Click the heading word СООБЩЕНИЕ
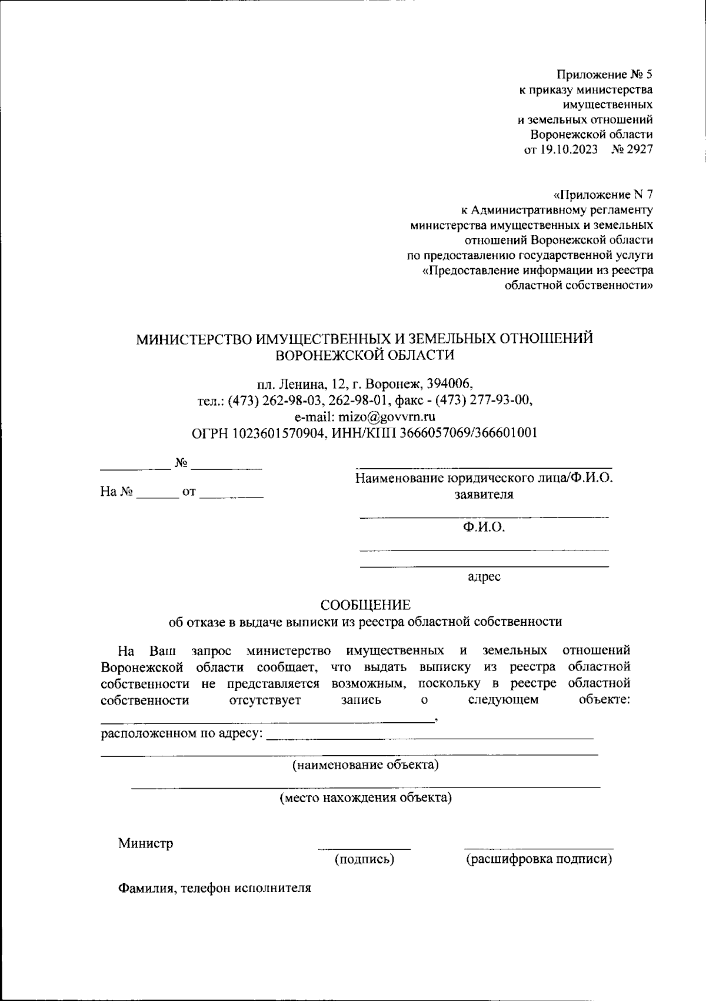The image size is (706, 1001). [x=365, y=605]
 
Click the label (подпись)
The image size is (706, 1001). [x=364, y=859]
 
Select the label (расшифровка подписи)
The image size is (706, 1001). [x=539, y=859]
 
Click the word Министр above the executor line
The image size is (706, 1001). [x=145, y=843]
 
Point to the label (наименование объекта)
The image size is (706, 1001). [x=365, y=765]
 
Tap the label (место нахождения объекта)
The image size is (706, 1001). [x=365, y=798]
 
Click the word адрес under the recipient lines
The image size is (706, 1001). [x=484, y=577]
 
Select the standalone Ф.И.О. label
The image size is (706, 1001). [x=484, y=528]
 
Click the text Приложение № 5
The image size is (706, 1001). [x=604, y=75]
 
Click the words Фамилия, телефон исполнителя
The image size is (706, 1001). [x=214, y=888]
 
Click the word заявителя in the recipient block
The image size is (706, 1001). [x=484, y=495]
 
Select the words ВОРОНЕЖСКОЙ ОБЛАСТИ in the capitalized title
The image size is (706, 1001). [x=365, y=355]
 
